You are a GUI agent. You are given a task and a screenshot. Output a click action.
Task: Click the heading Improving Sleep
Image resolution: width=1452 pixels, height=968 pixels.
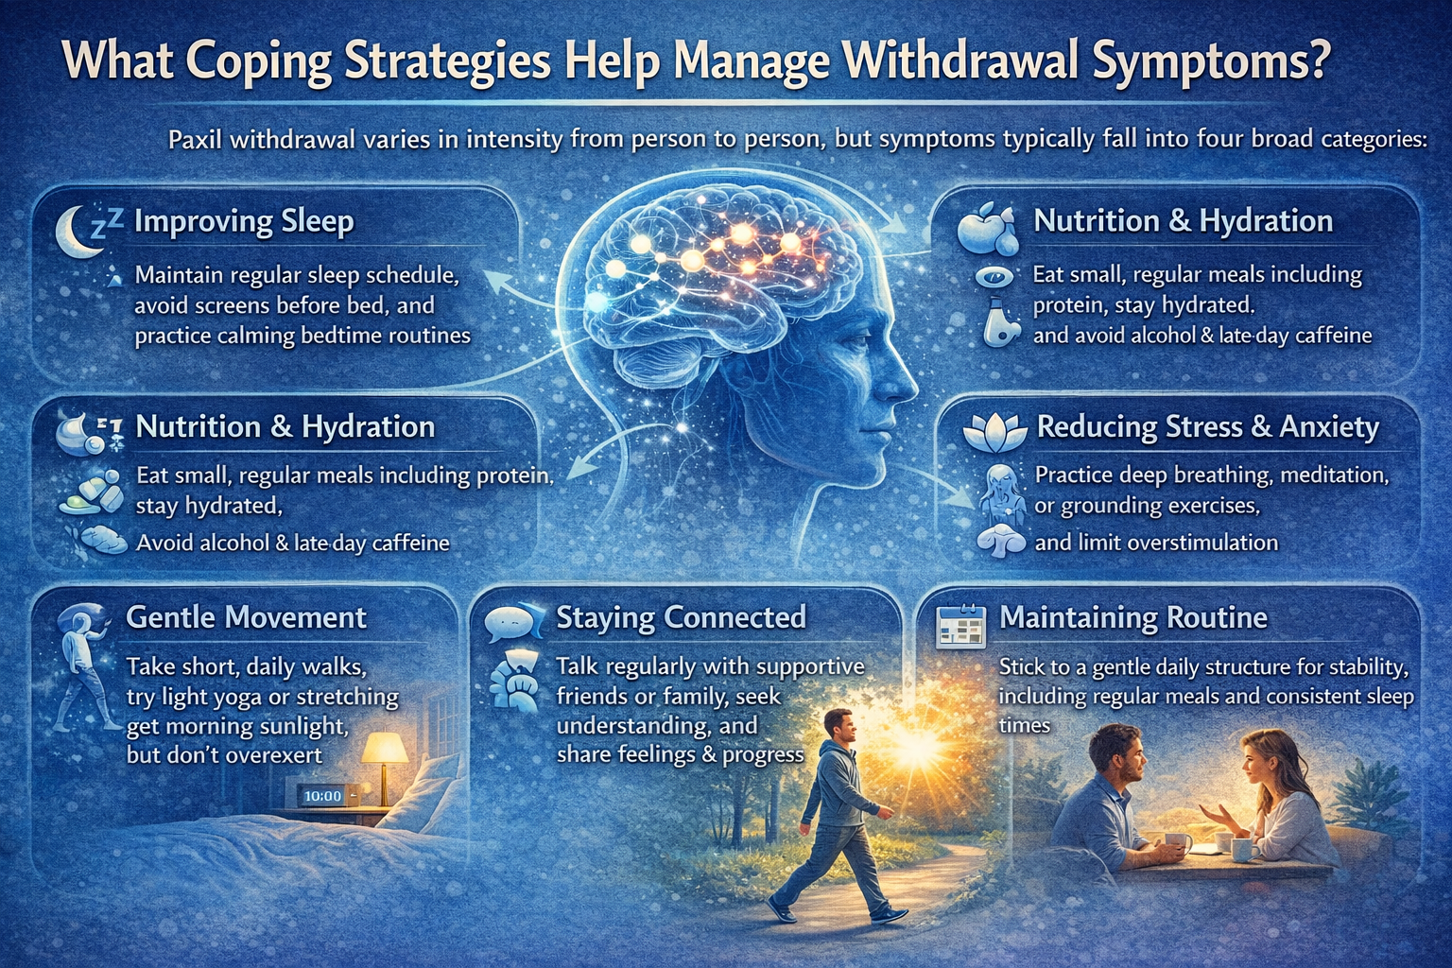tap(244, 221)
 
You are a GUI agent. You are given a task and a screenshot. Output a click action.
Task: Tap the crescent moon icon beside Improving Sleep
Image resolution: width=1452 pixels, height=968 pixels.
tap(74, 232)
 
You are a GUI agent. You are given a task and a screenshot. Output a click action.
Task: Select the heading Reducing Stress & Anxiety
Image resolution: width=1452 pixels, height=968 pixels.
tap(1207, 427)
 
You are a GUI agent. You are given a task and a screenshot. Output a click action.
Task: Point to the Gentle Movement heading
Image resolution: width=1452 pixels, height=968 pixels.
tap(246, 617)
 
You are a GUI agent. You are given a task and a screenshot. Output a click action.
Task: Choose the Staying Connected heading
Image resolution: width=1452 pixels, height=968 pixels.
tap(681, 617)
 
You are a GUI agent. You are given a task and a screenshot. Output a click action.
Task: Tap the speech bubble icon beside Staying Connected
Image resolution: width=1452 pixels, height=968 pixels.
tap(511, 621)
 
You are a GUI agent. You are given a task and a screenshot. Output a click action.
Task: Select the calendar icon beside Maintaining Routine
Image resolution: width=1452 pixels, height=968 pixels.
tap(959, 626)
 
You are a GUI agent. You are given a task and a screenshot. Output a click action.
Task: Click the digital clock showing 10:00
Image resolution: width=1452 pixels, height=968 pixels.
tap(322, 796)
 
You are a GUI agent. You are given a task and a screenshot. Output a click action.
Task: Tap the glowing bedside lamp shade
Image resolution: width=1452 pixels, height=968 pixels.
tap(385, 749)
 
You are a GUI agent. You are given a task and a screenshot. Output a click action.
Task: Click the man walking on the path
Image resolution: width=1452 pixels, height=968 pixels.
tap(841, 813)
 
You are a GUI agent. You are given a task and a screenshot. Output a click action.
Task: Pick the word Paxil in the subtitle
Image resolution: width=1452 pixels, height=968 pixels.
tap(196, 140)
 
